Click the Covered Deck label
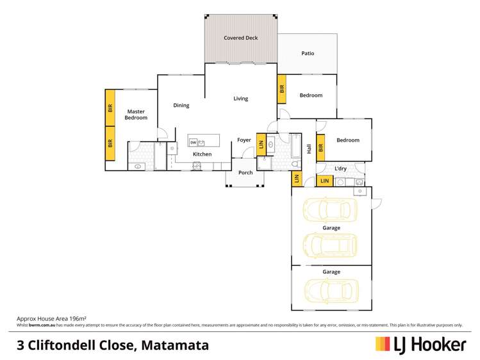(240, 38)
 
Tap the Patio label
(308, 54)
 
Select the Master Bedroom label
(136, 115)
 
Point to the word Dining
(181, 105)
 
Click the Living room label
(240, 99)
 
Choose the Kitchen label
(203, 154)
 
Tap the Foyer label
(244, 140)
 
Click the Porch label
(245, 172)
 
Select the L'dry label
(341, 168)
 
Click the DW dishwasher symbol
(193, 142)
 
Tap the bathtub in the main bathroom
(295, 147)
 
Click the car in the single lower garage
(329, 290)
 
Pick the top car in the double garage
(329, 209)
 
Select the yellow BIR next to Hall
(321, 147)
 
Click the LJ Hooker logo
(420, 345)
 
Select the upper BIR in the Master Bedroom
(110, 107)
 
